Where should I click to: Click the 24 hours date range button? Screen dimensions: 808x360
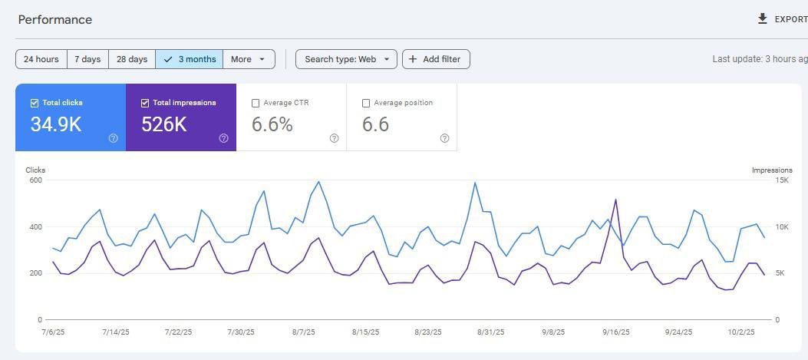click(41, 59)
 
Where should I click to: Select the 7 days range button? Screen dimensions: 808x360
click(87, 59)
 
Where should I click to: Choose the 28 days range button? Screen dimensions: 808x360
click(132, 59)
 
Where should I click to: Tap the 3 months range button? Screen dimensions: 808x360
click(189, 59)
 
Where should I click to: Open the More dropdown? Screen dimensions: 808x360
click(249, 59)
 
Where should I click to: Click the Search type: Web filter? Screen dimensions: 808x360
click(346, 59)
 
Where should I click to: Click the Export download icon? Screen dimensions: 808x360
click(763, 19)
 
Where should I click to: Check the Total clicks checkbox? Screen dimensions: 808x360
click(35, 103)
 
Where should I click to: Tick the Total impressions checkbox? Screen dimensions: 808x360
click(145, 103)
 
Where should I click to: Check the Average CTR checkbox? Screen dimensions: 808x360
click(256, 103)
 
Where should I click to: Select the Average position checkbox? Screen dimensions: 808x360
click(366, 103)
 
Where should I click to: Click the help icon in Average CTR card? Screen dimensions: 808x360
click(334, 138)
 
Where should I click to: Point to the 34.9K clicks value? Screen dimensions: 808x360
click(56, 124)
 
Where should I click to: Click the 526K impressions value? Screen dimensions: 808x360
click(164, 124)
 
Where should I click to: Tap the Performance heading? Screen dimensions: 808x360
click(55, 20)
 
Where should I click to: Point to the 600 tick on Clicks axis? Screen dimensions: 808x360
click(35, 180)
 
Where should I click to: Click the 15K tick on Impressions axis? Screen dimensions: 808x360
click(782, 180)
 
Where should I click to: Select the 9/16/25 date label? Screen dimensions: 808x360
click(616, 332)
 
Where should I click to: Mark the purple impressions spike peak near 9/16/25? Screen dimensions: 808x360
click(616, 200)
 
